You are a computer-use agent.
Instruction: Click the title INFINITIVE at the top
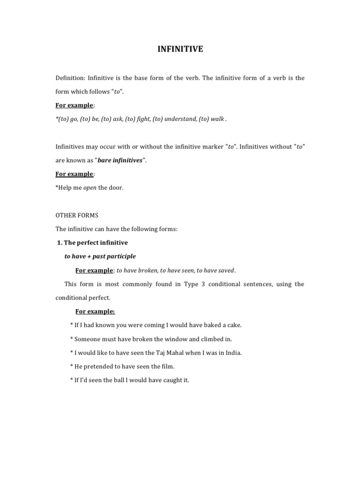pyautogui.click(x=180, y=49)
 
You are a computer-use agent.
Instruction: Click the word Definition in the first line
pyautogui.click(x=70, y=78)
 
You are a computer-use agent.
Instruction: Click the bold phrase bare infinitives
pyautogui.click(x=120, y=160)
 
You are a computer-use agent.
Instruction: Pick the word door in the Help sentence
pyautogui.click(x=117, y=188)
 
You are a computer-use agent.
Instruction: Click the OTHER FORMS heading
pyautogui.click(x=77, y=216)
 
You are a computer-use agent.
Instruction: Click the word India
pyautogui.click(x=232, y=352)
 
